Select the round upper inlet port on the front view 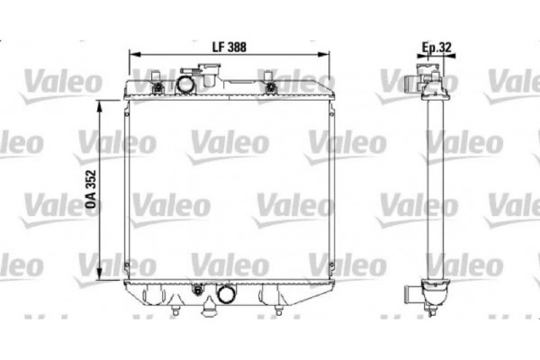pyautogui.click(x=185, y=85)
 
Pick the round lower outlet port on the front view pyautogui.click(x=225, y=293)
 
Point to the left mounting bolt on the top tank pyautogui.click(x=158, y=86)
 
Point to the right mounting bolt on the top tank pyautogui.click(x=271, y=86)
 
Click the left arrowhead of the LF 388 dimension pyautogui.click(x=136, y=55)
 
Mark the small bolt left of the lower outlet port pyautogui.click(x=197, y=290)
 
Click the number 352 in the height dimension pyautogui.click(x=91, y=181)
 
